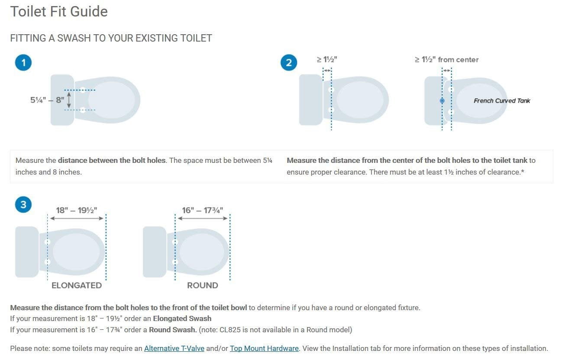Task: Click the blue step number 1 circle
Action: point(23,63)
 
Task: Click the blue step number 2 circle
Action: point(289,63)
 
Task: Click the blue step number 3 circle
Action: point(23,204)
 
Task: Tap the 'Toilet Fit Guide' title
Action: point(59,12)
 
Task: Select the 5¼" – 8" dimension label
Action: point(47,100)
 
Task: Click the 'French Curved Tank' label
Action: point(502,101)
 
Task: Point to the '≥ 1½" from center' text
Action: point(446,60)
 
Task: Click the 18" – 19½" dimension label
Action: point(76,210)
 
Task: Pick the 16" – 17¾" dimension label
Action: point(202,210)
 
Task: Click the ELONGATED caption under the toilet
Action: point(77,285)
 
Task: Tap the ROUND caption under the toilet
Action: point(202,285)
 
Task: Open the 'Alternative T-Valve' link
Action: point(174,348)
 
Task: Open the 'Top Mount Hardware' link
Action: point(264,348)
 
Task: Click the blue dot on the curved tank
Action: point(442,101)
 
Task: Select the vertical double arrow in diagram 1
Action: point(69,100)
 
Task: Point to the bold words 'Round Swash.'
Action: point(173,330)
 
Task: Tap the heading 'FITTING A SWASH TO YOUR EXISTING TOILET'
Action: point(111,38)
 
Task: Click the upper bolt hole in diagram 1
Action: point(82,90)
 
